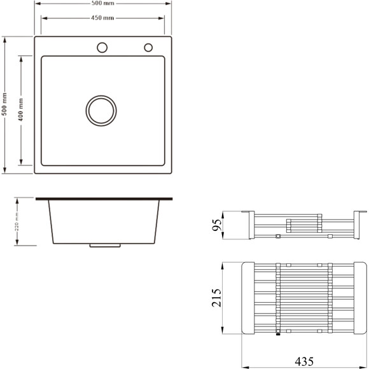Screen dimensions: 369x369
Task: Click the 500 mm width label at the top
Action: click(103, 3)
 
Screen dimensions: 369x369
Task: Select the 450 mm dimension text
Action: click(102, 18)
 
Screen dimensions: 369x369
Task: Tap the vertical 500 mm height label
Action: click(4, 104)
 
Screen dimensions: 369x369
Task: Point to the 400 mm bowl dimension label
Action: click(21, 109)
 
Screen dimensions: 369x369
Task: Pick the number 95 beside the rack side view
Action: click(217, 225)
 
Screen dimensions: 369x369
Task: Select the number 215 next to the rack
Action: click(216, 298)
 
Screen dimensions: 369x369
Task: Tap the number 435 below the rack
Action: click(304, 361)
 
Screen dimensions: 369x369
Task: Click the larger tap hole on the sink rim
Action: click(102, 48)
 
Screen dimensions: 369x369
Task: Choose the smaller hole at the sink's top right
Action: click(148, 48)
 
